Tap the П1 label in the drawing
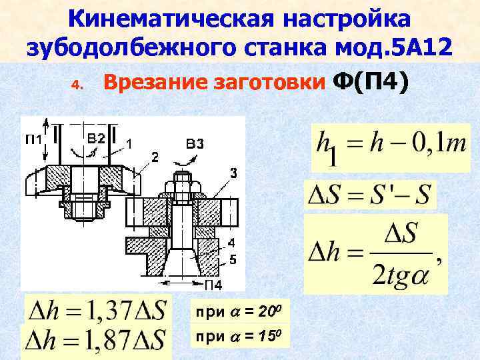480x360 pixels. tap(32, 139)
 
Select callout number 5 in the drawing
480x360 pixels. tap(231, 258)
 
